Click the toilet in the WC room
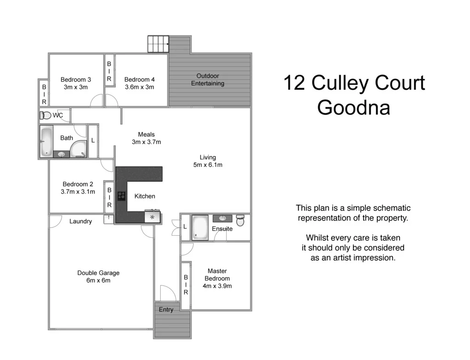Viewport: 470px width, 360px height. (45, 115)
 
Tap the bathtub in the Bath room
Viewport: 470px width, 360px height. (46, 142)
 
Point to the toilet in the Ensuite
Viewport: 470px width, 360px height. (241, 221)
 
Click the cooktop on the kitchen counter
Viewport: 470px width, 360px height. (122, 196)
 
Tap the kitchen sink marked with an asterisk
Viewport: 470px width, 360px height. (152, 216)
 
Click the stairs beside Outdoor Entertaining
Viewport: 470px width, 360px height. (158, 44)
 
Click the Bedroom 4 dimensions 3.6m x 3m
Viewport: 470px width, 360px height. (139, 87)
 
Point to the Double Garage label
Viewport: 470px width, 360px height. (98, 273)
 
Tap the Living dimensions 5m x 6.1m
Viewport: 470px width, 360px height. (207, 165)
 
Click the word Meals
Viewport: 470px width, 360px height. (146, 134)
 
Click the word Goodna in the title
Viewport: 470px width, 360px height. (354, 108)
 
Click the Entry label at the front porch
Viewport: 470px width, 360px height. (166, 310)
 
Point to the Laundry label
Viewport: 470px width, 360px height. (80, 222)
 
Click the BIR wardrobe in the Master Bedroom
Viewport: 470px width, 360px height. (186, 285)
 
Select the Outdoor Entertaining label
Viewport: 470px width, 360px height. (208, 79)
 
